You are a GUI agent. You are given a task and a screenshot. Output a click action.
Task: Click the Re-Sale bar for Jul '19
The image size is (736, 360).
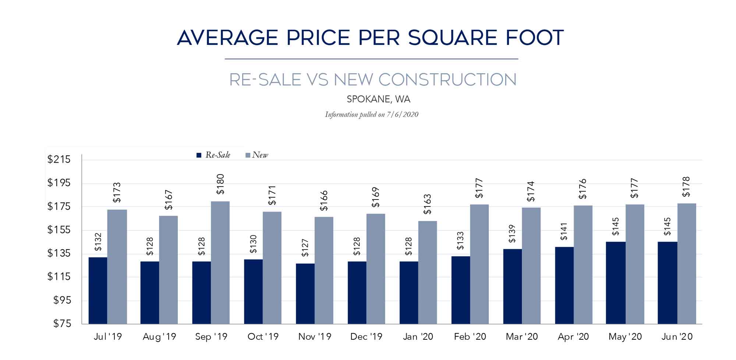(x=98, y=290)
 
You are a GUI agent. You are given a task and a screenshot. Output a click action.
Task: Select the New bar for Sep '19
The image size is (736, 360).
(x=220, y=262)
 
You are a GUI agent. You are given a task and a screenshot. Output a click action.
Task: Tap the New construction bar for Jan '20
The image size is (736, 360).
(x=427, y=272)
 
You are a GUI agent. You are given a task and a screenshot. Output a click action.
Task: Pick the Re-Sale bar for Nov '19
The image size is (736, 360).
(x=305, y=293)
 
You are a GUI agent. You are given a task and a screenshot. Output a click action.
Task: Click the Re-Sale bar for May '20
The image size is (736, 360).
(x=616, y=283)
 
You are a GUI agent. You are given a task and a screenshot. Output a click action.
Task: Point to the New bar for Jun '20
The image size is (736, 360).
(x=687, y=264)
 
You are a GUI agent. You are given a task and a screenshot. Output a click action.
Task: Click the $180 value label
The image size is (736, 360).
(x=220, y=184)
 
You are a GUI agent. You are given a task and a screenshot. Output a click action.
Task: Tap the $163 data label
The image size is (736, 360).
(x=427, y=204)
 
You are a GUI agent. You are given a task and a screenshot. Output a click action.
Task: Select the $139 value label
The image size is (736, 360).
(x=512, y=234)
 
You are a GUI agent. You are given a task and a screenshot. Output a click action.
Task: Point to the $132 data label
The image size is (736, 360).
(x=98, y=242)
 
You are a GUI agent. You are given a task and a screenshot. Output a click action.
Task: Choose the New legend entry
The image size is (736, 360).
(x=257, y=155)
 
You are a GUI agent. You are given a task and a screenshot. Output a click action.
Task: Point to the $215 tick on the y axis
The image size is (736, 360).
(x=59, y=159)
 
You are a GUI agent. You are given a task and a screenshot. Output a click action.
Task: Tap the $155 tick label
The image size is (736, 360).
(x=59, y=230)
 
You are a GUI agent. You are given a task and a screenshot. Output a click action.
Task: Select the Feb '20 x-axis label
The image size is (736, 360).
(x=470, y=336)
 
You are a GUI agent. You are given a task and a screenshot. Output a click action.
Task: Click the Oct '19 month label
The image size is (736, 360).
(x=263, y=336)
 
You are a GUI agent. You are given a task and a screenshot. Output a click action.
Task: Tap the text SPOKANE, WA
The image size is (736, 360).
(x=378, y=99)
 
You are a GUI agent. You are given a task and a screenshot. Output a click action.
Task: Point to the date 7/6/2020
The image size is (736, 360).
(x=403, y=114)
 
